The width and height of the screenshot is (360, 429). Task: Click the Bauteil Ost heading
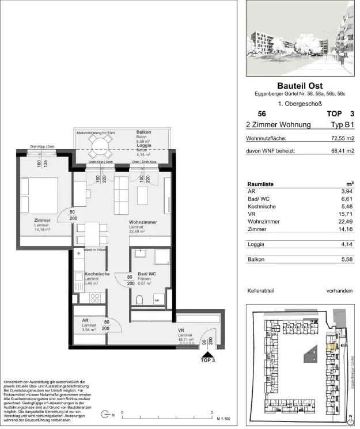coord(300,86)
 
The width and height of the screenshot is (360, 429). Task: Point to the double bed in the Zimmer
coord(40,196)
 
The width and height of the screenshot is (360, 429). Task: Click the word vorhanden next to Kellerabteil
coord(340,291)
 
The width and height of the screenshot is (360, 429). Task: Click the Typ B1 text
coord(339,124)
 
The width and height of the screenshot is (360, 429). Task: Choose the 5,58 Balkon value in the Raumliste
coord(346,260)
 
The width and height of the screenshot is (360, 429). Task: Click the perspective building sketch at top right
coord(300,38)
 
